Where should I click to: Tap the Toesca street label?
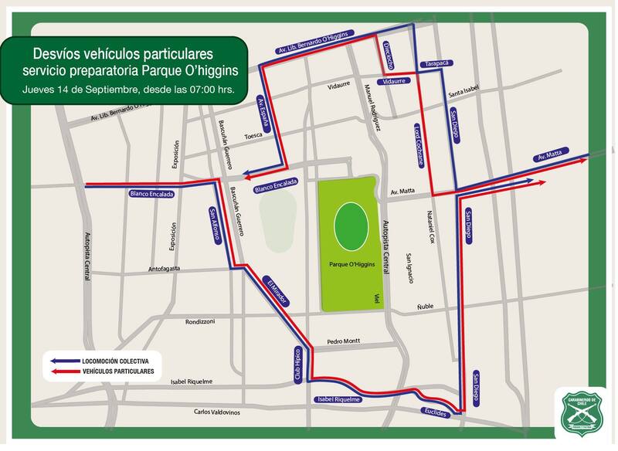click(x=253, y=135)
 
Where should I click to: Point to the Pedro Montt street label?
click(x=343, y=341)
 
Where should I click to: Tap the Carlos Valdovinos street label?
click(x=217, y=412)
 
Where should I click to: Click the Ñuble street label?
click(x=425, y=307)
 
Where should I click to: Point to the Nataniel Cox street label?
click(x=433, y=229)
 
